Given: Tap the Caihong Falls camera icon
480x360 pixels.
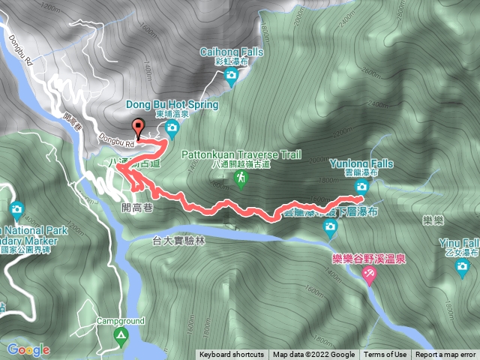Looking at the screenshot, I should point(231,75).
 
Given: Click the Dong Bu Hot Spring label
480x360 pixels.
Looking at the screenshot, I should point(177,105).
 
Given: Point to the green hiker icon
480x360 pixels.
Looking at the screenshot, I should point(241,178).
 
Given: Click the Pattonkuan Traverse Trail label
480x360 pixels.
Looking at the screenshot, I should point(241,155).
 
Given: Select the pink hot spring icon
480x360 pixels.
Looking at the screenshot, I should point(368,276).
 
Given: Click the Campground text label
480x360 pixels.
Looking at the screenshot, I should point(119,319).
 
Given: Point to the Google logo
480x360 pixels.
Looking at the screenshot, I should point(28,349).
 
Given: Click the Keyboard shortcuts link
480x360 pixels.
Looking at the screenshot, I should point(232,355).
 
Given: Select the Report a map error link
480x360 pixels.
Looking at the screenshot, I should point(445,355).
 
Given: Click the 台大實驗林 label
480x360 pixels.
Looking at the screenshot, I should point(178,241).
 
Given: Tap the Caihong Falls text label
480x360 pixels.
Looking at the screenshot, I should point(231,52).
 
